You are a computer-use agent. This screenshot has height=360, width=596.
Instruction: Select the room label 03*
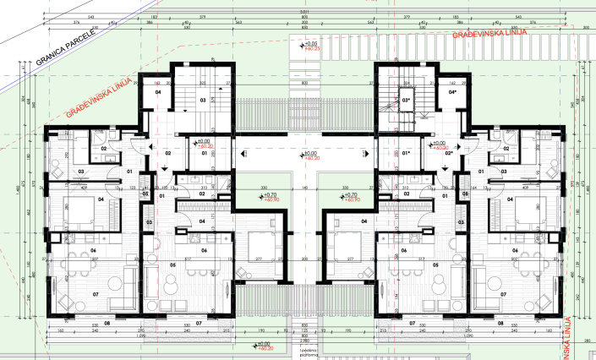[406, 100]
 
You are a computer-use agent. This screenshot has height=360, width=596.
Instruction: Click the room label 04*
[452, 92]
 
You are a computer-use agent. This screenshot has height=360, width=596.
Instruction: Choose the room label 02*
[449, 154]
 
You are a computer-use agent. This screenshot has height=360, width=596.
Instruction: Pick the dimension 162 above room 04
[157, 84]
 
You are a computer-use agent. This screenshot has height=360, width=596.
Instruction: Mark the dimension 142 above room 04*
[454, 84]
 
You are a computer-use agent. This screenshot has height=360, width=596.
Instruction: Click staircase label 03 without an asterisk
[202, 100]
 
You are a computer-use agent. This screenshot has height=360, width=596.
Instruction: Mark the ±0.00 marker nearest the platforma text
[262, 345]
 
